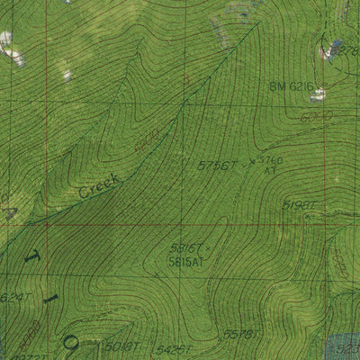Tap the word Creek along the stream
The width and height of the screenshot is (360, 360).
(99, 185)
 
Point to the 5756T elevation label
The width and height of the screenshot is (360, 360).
(217, 166)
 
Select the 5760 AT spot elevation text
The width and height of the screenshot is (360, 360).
(270, 165)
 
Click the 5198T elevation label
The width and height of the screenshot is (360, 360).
(299, 205)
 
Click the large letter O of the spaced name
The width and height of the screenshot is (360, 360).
(72, 343)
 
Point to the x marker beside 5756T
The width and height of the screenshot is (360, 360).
(250, 161)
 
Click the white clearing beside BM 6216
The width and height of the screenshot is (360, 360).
(318, 94)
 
